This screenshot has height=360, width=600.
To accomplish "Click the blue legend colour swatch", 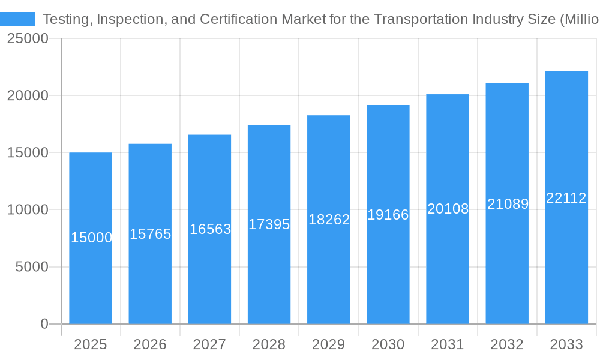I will [x=18, y=19].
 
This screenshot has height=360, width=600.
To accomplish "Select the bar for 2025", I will [x=91, y=282].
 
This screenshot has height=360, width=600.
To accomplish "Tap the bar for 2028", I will [x=269, y=276].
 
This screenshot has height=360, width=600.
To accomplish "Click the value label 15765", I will [x=151, y=234].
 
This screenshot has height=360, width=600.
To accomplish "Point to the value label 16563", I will [x=210, y=229].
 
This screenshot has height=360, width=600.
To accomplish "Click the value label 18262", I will [x=329, y=220].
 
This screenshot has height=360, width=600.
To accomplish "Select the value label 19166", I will [x=388, y=215].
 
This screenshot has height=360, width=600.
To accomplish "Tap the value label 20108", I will [x=448, y=209].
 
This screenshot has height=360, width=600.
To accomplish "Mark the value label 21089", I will [x=508, y=204].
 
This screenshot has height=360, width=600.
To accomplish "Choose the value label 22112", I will [x=566, y=198].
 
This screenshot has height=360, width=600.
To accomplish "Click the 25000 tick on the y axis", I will [x=27, y=39].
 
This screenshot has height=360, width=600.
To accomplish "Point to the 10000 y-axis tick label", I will [x=27, y=210].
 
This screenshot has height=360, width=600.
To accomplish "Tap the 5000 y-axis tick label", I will [x=32, y=267].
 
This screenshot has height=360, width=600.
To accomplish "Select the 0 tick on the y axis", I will [x=44, y=324].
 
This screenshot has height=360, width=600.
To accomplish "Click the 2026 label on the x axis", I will [x=150, y=344].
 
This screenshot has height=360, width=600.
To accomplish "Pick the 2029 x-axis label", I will [x=329, y=344].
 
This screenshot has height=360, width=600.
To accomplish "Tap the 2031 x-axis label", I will [x=448, y=344].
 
